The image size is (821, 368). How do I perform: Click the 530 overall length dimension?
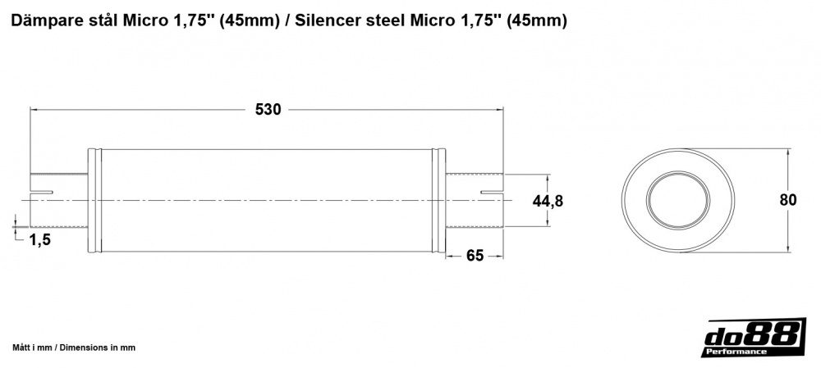[268, 110]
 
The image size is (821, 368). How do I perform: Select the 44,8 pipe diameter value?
[548, 201]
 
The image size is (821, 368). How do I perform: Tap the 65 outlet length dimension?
[475, 256]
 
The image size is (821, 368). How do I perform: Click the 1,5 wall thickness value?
[41, 239]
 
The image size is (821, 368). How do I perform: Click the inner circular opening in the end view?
[678, 201]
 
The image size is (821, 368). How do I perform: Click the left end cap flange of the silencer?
[94, 201]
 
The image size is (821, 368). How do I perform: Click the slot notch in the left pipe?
[41, 193]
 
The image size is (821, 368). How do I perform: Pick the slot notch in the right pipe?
[492, 193]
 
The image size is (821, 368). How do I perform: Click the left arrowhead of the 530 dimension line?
[34, 109]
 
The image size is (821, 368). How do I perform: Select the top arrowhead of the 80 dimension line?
[788, 155]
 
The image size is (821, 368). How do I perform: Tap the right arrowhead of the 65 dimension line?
[498, 256]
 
